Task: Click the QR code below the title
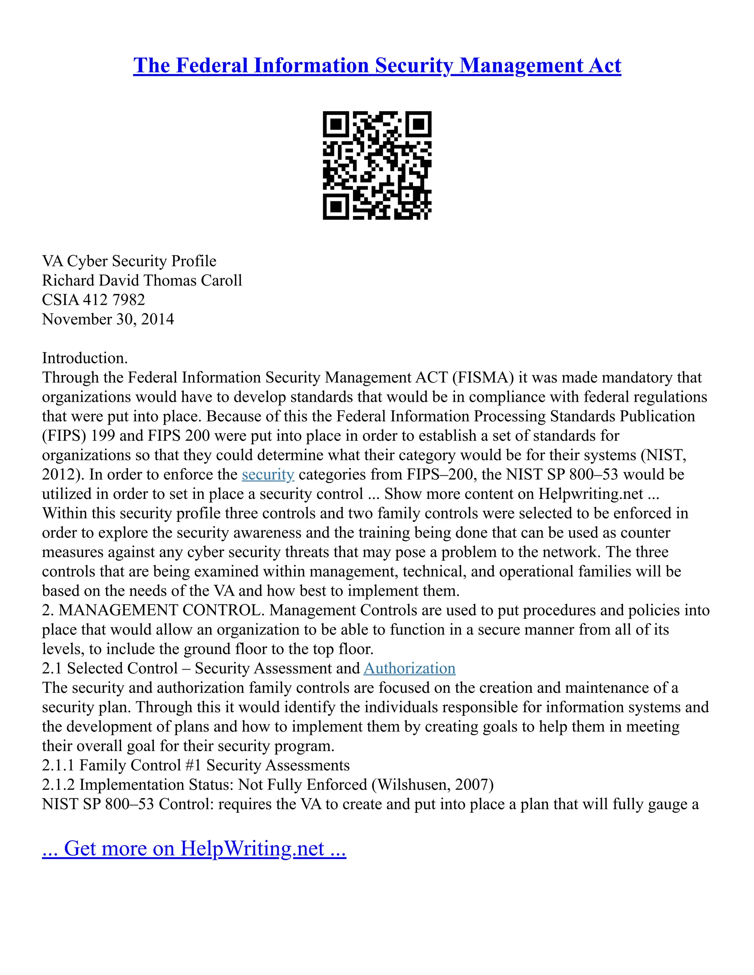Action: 377,165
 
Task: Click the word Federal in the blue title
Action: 212,65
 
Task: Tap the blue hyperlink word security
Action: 268,474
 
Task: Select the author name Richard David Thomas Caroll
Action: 142,280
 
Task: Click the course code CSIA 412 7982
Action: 94,299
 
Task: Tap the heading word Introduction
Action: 84,358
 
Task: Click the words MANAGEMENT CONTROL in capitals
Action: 162,610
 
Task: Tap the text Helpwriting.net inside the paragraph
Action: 591,494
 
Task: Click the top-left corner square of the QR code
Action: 335,124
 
